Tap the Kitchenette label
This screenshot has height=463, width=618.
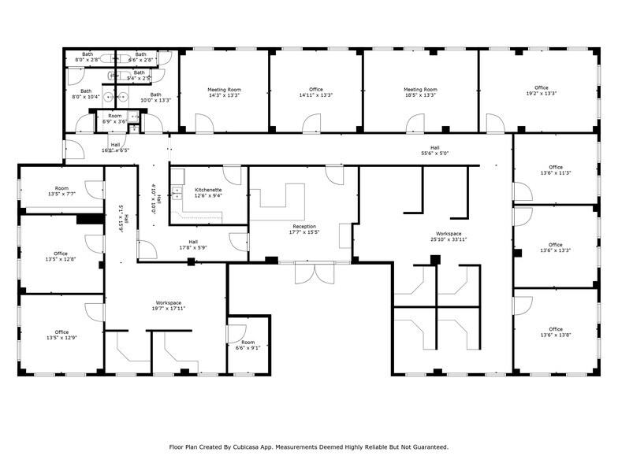[207, 190]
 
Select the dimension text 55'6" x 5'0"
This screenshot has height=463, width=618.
[434, 154]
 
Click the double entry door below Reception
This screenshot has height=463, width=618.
[315, 272]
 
